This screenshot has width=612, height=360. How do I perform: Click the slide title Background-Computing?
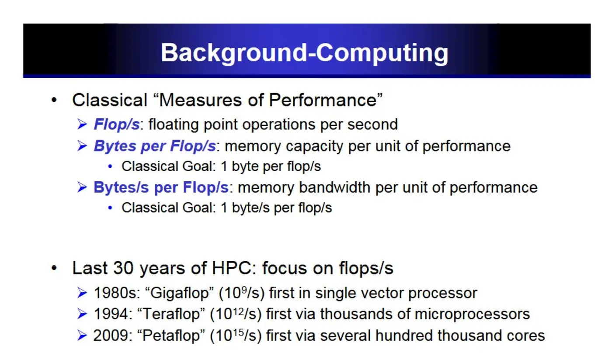click(x=304, y=53)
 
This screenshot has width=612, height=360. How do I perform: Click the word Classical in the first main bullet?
click(x=110, y=100)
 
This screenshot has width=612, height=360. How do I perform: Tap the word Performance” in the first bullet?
click(x=326, y=100)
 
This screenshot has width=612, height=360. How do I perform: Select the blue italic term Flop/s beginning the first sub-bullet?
click(x=117, y=125)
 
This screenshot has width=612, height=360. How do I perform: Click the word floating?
click(x=174, y=125)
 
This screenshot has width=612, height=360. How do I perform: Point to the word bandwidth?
click(x=335, y=188)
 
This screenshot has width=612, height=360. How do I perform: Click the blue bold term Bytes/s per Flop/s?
click(x=161, y=188)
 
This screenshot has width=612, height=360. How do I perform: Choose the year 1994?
click(x=111, y=314)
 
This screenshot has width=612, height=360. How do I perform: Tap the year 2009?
click(x=111, y=336)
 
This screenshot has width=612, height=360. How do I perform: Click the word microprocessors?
click(x=473, y=315)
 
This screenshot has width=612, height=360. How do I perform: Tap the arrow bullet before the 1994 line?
click(x=82, y=314)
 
